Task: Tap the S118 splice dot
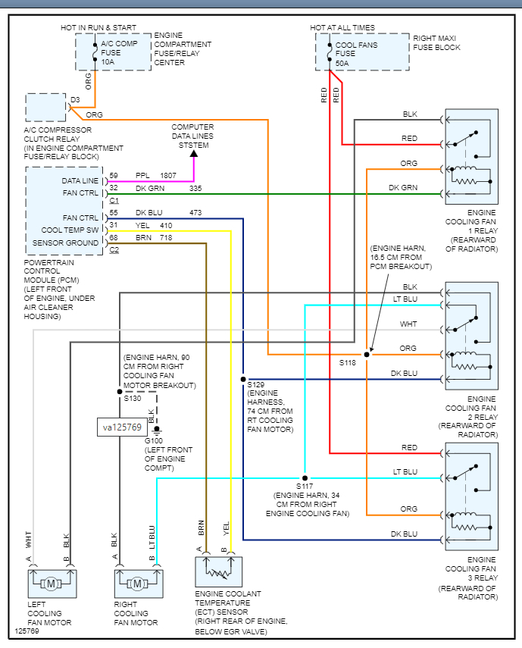coord(367,354)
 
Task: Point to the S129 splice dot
coord(243,379)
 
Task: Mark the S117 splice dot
coord(305,478)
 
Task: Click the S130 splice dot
coord(119,392)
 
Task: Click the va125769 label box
coord(121,427)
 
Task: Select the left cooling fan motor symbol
coord(51,584)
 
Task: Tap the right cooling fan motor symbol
coord(138,584)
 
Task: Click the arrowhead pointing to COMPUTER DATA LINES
coord(193,154)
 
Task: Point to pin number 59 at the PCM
coord(114,176)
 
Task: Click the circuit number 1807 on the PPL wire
coord(169,176)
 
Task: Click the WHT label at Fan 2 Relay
coord(409,324)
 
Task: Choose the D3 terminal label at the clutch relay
coord(75,99)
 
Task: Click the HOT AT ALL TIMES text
coord(342,28)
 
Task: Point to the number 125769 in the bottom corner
coord(28,630)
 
